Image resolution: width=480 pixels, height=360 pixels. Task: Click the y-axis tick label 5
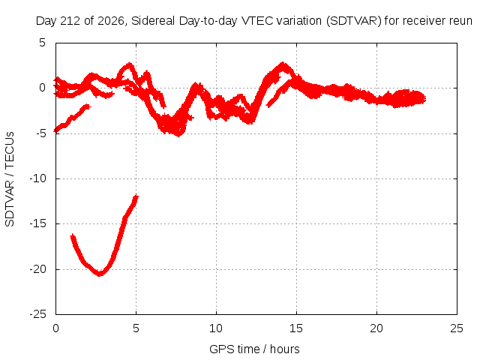(x=42, y=43)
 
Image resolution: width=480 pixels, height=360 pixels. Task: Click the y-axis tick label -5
(x=40, y=133)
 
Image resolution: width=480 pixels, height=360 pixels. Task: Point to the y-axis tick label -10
(x=37, y=178)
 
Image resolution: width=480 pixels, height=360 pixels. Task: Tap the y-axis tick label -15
(x=37, y=223)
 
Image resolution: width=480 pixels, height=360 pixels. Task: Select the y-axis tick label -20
(x=37, y=269)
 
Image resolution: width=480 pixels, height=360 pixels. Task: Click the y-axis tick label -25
(x=37, y=314)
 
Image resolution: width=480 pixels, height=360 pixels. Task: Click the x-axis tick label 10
(x=216, y=328)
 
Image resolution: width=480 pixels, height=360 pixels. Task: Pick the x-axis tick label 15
(x=296, y=328)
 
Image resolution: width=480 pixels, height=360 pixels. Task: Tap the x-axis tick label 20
(x=376, y=328)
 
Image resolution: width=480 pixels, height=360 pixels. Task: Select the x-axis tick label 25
(x=457, y=328)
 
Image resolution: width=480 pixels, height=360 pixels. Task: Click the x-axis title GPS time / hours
(x=254, y=349)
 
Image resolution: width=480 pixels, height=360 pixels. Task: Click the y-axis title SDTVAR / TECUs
(x=10, y=179)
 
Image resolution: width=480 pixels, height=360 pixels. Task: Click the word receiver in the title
(x=424, y=21)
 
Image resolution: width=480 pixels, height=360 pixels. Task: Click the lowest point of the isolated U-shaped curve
(x=100, y=274)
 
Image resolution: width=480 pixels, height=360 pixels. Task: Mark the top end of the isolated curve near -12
(x=136, y=196)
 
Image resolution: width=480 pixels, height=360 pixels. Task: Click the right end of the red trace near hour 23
(x=424, y=98)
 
